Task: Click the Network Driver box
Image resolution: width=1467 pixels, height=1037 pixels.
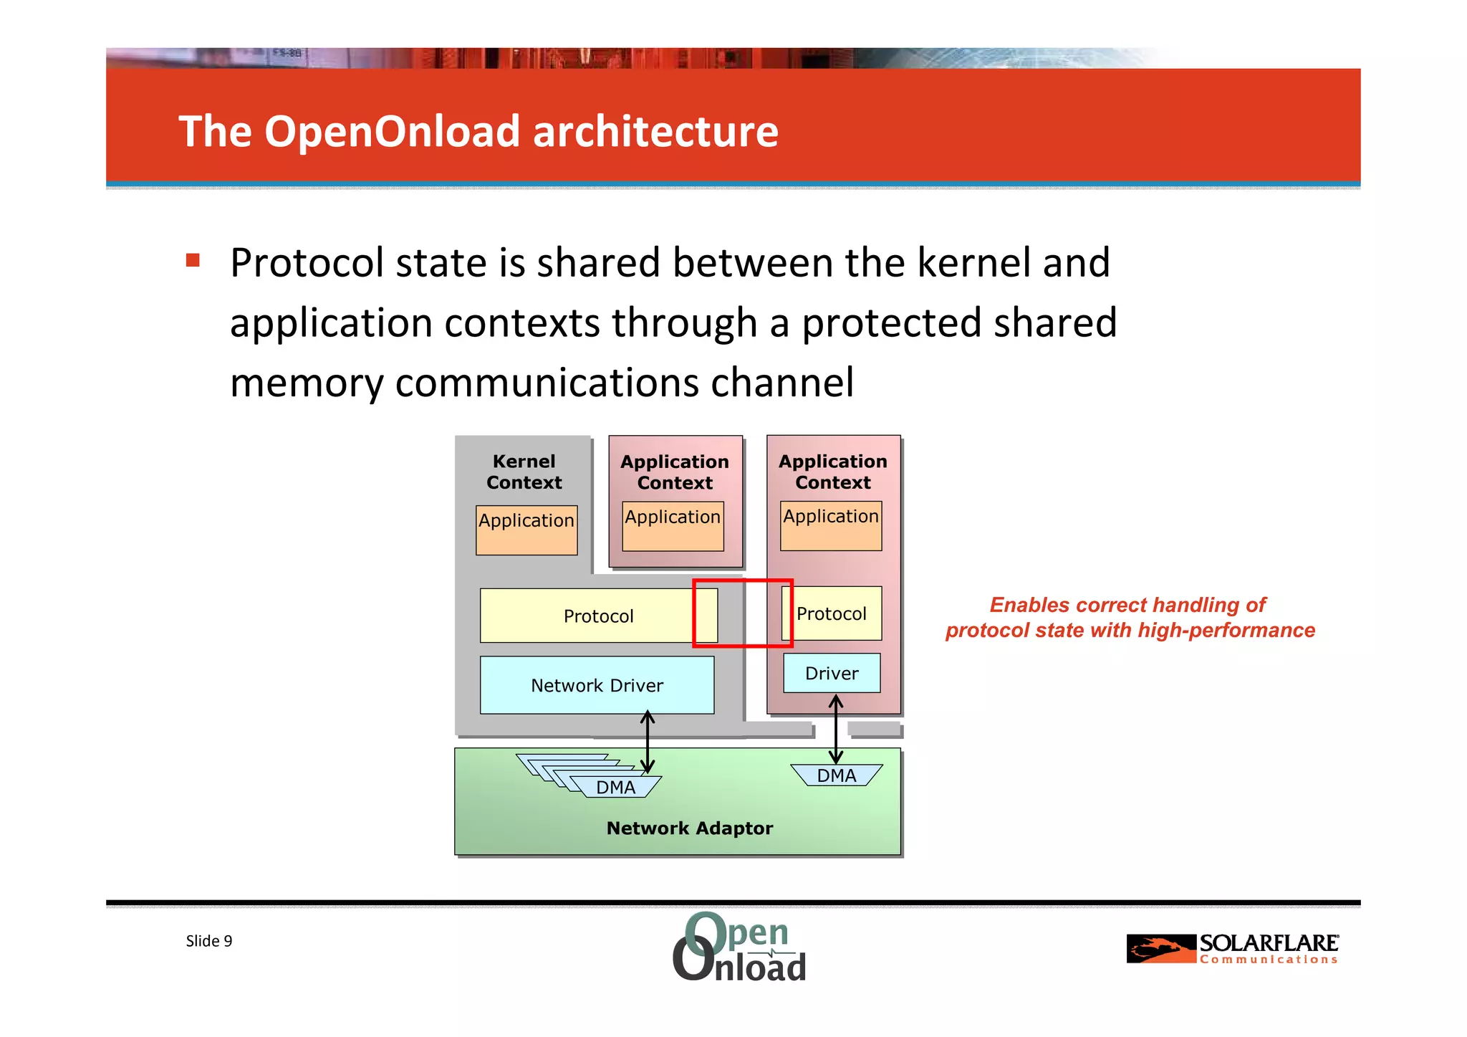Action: [597, 685]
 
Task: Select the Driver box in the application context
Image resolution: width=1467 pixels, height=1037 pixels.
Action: [832, 673]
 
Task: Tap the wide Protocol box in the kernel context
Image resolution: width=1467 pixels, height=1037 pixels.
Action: [598, 616]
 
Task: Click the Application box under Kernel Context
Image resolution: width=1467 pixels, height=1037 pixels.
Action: [526, 530]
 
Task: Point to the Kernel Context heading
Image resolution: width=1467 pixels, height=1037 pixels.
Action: [524, 472]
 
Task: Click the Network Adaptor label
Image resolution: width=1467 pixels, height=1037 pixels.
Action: [689, 828]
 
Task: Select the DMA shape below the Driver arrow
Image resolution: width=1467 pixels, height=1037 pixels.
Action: [836, 775]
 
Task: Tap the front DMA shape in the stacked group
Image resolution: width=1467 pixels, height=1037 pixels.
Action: [616, 787]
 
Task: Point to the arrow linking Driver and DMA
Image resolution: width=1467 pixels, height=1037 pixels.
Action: [836, 730]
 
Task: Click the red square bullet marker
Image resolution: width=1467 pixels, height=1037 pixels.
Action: [193, 259]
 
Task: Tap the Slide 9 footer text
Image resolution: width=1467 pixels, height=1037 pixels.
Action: [208, 941]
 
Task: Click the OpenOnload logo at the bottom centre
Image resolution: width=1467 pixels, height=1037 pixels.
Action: [739, 947]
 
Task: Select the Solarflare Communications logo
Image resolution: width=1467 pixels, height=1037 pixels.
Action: [1232, 949]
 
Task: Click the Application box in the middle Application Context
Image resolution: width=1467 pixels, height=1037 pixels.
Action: [673, 526]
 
